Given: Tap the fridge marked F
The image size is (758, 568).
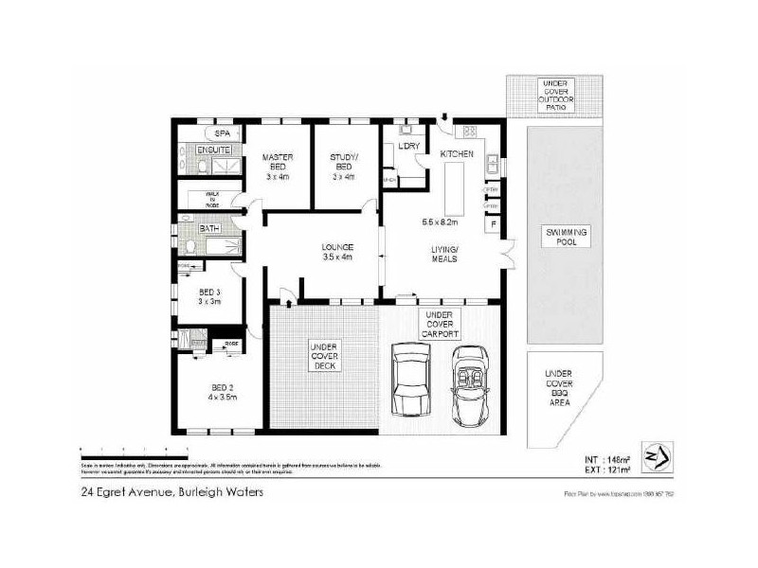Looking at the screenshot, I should tap(491, 224).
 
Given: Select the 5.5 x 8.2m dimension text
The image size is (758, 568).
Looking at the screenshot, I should tap(440, 222).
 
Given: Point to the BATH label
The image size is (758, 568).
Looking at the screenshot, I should tap(209, 228).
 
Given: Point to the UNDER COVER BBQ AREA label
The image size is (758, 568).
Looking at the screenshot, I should tap(558, 393).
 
